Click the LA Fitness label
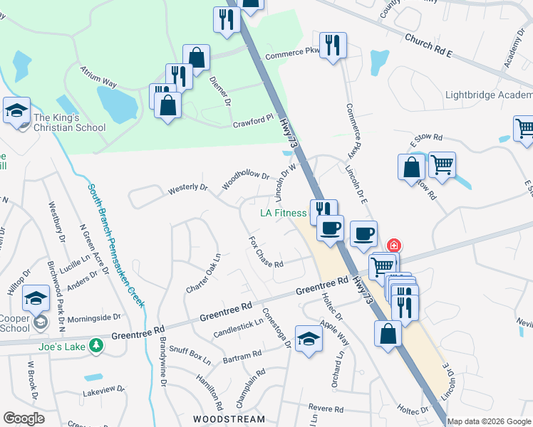pos(283,213)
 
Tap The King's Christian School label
pos(70,123)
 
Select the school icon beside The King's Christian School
pos(16,111)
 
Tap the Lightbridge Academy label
pos(488,95)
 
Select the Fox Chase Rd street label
pos(266,252)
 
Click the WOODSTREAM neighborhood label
pos(224,419)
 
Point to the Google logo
pos(24,418)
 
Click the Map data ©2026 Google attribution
pos(489,421)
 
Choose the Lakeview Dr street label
pos(103,390)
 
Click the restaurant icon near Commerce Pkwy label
pos(333,46)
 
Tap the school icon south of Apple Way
pos(309,338)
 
